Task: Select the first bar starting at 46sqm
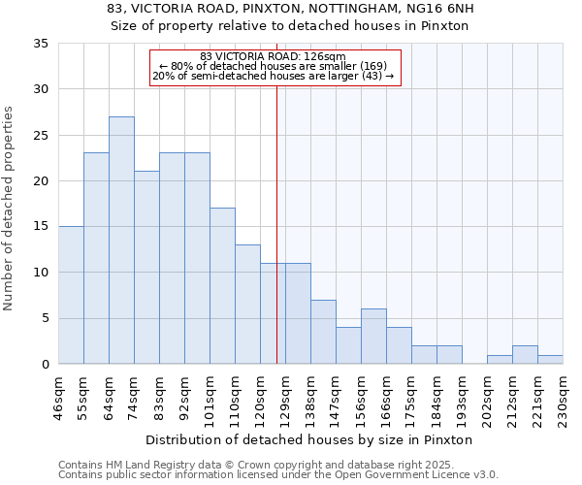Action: [x=71, y=295]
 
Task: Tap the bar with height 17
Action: [x=222, y=286]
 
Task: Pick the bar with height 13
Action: [x=247, y=305]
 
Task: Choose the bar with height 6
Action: [x=373, y=337]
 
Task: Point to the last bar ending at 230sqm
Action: [x=550, y=360]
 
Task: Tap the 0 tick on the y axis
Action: [x=45, y=365]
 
